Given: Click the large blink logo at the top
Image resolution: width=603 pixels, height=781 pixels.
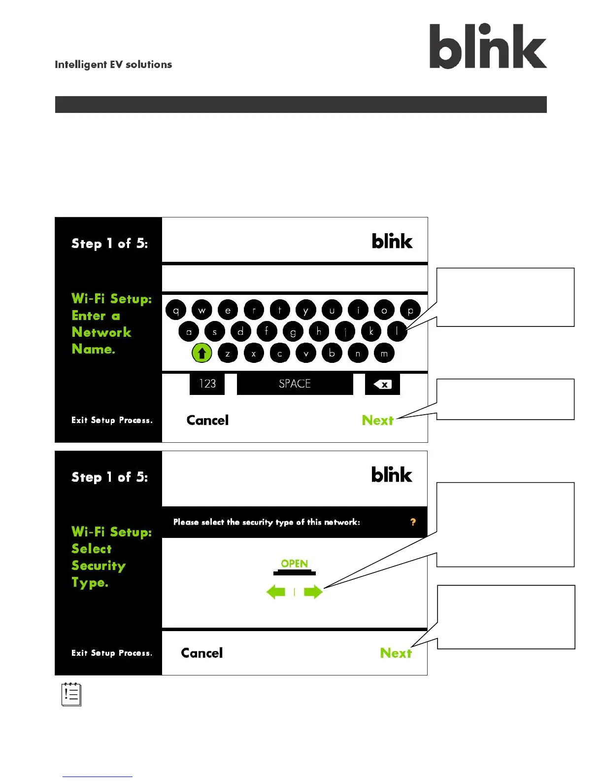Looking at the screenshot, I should coord(488,46).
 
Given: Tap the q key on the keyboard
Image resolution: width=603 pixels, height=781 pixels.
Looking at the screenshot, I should coord(176,310).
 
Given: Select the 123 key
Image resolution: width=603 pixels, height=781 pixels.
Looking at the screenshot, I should coord(207,384).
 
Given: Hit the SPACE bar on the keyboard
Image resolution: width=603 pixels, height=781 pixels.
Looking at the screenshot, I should coord(295,384).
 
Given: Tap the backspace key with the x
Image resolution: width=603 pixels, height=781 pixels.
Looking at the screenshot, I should coord(382,384).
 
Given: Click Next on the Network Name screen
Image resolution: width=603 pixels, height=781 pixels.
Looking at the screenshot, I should coord(378,420).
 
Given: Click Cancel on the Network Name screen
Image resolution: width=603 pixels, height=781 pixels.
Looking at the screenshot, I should coord(207,420).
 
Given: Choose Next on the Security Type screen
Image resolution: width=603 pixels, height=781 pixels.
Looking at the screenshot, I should coord(396,653).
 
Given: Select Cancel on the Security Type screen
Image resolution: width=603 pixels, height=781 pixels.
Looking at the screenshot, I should coord(202,653).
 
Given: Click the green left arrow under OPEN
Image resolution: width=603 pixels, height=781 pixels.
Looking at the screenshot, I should coord(276,592).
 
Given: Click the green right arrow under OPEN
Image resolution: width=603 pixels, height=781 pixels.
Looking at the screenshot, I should coord(313,592).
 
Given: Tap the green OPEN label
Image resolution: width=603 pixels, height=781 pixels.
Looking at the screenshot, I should coord(295,564).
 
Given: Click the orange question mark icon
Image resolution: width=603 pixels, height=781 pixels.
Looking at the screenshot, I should coord(413,522).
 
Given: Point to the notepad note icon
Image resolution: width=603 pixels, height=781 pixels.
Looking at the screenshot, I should coord(71,694).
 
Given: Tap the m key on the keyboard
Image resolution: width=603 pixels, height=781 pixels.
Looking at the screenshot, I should coord(384,353).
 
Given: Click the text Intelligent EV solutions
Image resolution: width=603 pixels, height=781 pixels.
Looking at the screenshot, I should coord(113,65).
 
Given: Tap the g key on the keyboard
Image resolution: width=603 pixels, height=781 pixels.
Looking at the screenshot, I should coord(293,331).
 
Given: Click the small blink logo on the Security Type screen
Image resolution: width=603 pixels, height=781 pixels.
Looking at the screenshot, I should coord(392,475).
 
